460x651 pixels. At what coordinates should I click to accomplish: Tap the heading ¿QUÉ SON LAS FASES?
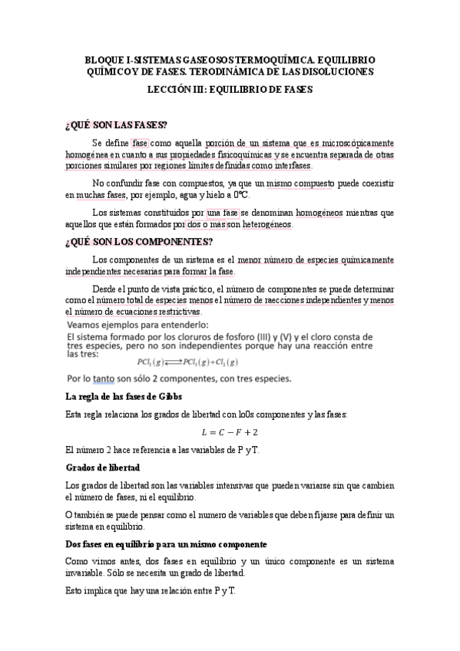[116, 124]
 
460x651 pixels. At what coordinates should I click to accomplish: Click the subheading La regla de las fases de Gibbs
[124, 396]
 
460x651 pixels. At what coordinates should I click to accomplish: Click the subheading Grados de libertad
[102, 467]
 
